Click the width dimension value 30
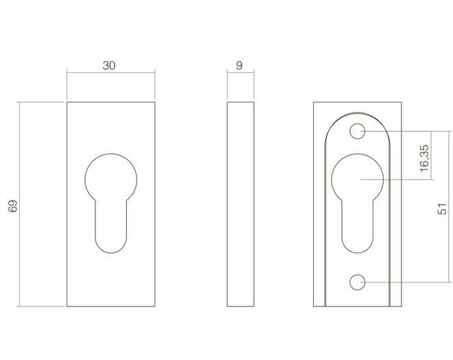109,66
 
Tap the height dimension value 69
13,206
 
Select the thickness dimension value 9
240,66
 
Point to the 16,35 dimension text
424,158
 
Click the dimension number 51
442,209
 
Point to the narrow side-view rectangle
240,204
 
